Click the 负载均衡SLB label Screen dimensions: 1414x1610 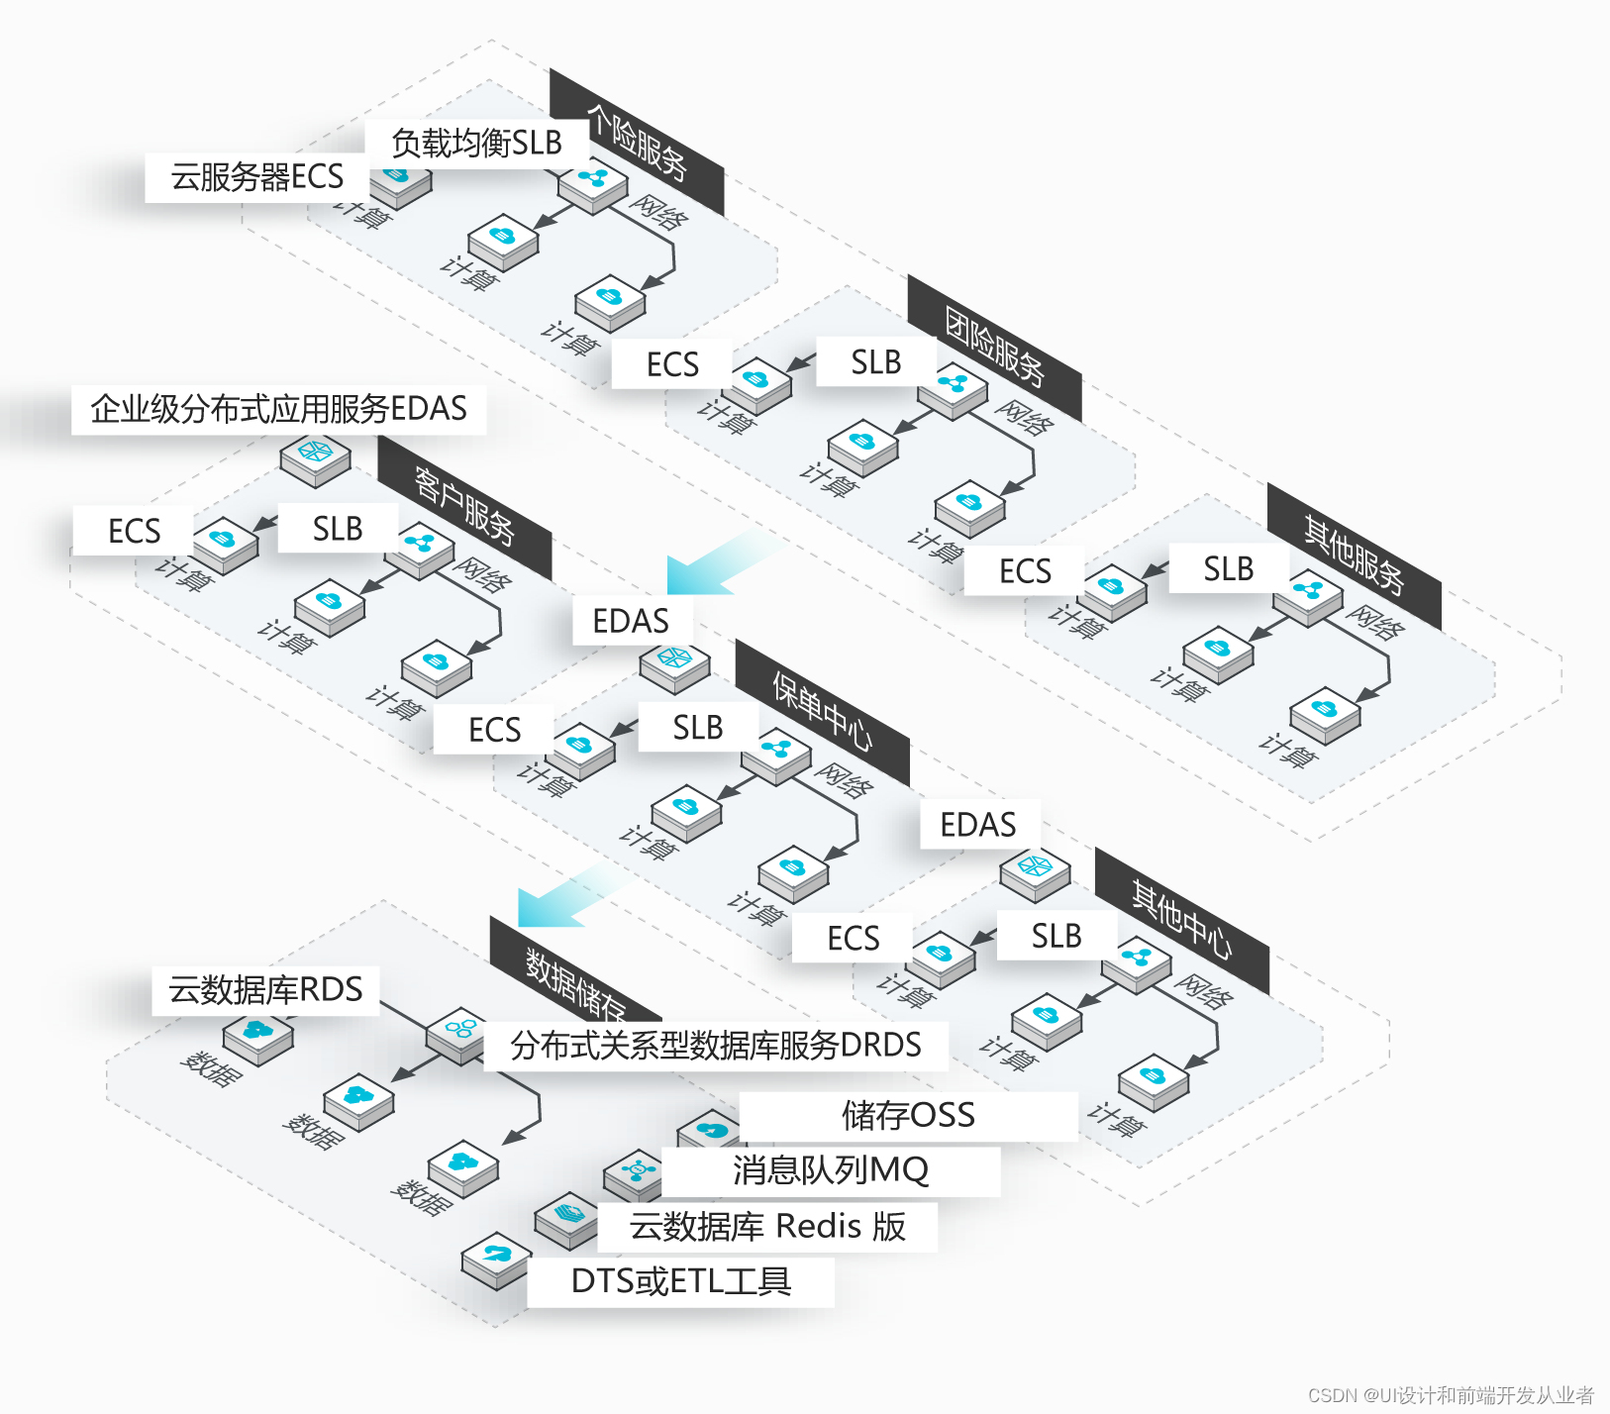[x=476, y=144]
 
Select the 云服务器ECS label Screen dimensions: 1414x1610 [x=256, y=177]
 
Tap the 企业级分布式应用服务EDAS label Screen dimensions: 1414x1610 [x=278, y=409]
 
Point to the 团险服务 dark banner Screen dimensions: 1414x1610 [x=994, y=348]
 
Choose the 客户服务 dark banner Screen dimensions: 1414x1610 [x=464, y=507]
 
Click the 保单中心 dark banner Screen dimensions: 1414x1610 [x=822, y=712]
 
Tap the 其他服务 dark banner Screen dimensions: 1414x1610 [x=1354, y=555]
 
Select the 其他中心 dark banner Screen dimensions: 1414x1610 [x=1181, y=920]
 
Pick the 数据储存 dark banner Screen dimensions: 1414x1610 [x=575, y=984]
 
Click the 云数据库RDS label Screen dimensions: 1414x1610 [x=265, y=990]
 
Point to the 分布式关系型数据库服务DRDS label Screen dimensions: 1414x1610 [x=715, y=1046]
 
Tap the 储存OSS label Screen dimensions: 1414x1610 [x=908, y=1116]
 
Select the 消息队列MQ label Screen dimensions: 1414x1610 [x=830, y=1171]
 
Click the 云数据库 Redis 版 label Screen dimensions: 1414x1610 [x=767, y=1227]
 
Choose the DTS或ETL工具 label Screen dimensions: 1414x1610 [x=681, y=1282]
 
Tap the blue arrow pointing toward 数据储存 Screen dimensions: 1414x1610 [x=564, y=896]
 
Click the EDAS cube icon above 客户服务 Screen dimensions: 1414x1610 [x=315, y=458]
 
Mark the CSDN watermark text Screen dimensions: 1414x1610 [x=1451, y=1395]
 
